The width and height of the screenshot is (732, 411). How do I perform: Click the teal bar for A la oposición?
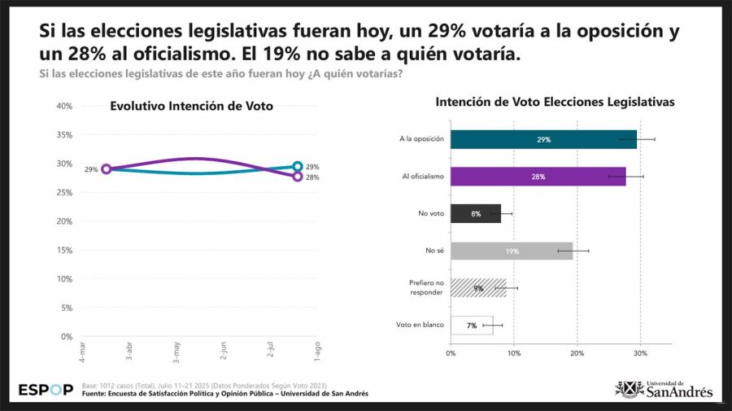pyautogui.click(x=543, y=139)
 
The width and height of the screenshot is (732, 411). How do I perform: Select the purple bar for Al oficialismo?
pyautogui.click(x=538, y=177)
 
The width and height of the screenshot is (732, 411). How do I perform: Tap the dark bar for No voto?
pyautogui.click(x=475, y=213)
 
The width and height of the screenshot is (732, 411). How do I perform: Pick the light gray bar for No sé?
pyautogui.click(x=511, y=251)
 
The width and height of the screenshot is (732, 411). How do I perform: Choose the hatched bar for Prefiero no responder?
pyautogui.click(x=478, y=287)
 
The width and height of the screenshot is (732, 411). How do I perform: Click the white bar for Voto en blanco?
pyautogui.click(x=472, y=325)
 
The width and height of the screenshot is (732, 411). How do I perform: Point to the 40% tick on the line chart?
pyautogui.click(x=64, y=106)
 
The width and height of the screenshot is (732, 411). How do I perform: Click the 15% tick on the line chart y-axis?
pyautogui.click(x=64, y=250)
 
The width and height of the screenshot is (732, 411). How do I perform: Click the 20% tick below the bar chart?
pyautogui.click(x=577, y=353)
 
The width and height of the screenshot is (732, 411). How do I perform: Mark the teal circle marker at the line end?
pyautogui.click(x=298, y=166)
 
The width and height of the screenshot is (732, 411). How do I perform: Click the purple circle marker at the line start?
pyautogui.click(x=106, y=169)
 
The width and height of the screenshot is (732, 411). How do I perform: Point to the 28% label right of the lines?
pyautogui.click(x=312, y=177)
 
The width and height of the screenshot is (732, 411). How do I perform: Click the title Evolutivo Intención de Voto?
pyautogui.click(x=191, y=106)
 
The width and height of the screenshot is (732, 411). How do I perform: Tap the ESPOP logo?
pyautogui.click(x=46, y=390)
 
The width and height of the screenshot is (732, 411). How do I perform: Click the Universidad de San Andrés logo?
pyautogui.click(x=664, y=389)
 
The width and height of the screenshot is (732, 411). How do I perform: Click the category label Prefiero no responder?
pyautogui.click(x=426, y=287)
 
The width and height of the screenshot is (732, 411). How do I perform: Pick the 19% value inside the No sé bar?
pyautogui.click(x=512, y=251)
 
